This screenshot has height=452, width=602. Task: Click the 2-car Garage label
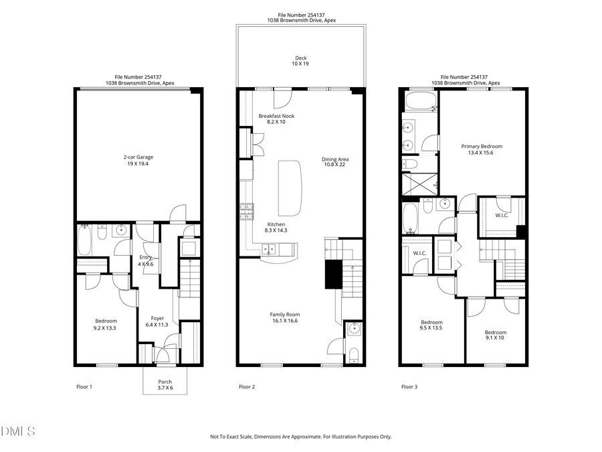pos(138,160)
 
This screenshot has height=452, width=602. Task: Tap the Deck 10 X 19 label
pos(301,60)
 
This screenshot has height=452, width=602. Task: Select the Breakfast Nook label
pos(276,119)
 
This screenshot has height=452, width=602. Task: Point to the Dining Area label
pos(336,162)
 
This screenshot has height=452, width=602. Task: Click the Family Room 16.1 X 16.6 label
pos(285,317)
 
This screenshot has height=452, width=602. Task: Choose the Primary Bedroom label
pos(482,149)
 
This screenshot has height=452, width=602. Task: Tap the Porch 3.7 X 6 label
pos(165,385)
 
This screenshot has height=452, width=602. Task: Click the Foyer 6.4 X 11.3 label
pos(157,321)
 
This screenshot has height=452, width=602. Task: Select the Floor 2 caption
pos(247,387)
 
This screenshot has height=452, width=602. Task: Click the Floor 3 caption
pos(409,387)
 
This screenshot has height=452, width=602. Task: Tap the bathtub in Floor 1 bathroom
pos(85,241)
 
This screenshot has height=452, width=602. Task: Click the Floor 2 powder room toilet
pos(354,354)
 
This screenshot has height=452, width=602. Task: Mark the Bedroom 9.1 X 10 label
pos(496,335)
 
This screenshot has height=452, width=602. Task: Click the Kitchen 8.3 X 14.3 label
pos(276,227)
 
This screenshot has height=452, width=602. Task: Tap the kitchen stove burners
pos(245,212)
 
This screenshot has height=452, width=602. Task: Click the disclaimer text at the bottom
pos(301,437)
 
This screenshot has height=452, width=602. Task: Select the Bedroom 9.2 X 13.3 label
pos(106,324)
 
